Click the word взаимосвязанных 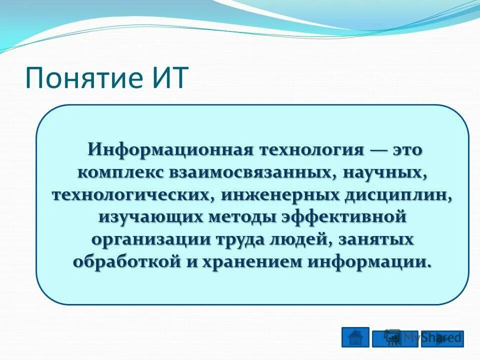pos(249,172)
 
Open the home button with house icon pos(355,337)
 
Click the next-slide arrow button pos(442,338)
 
